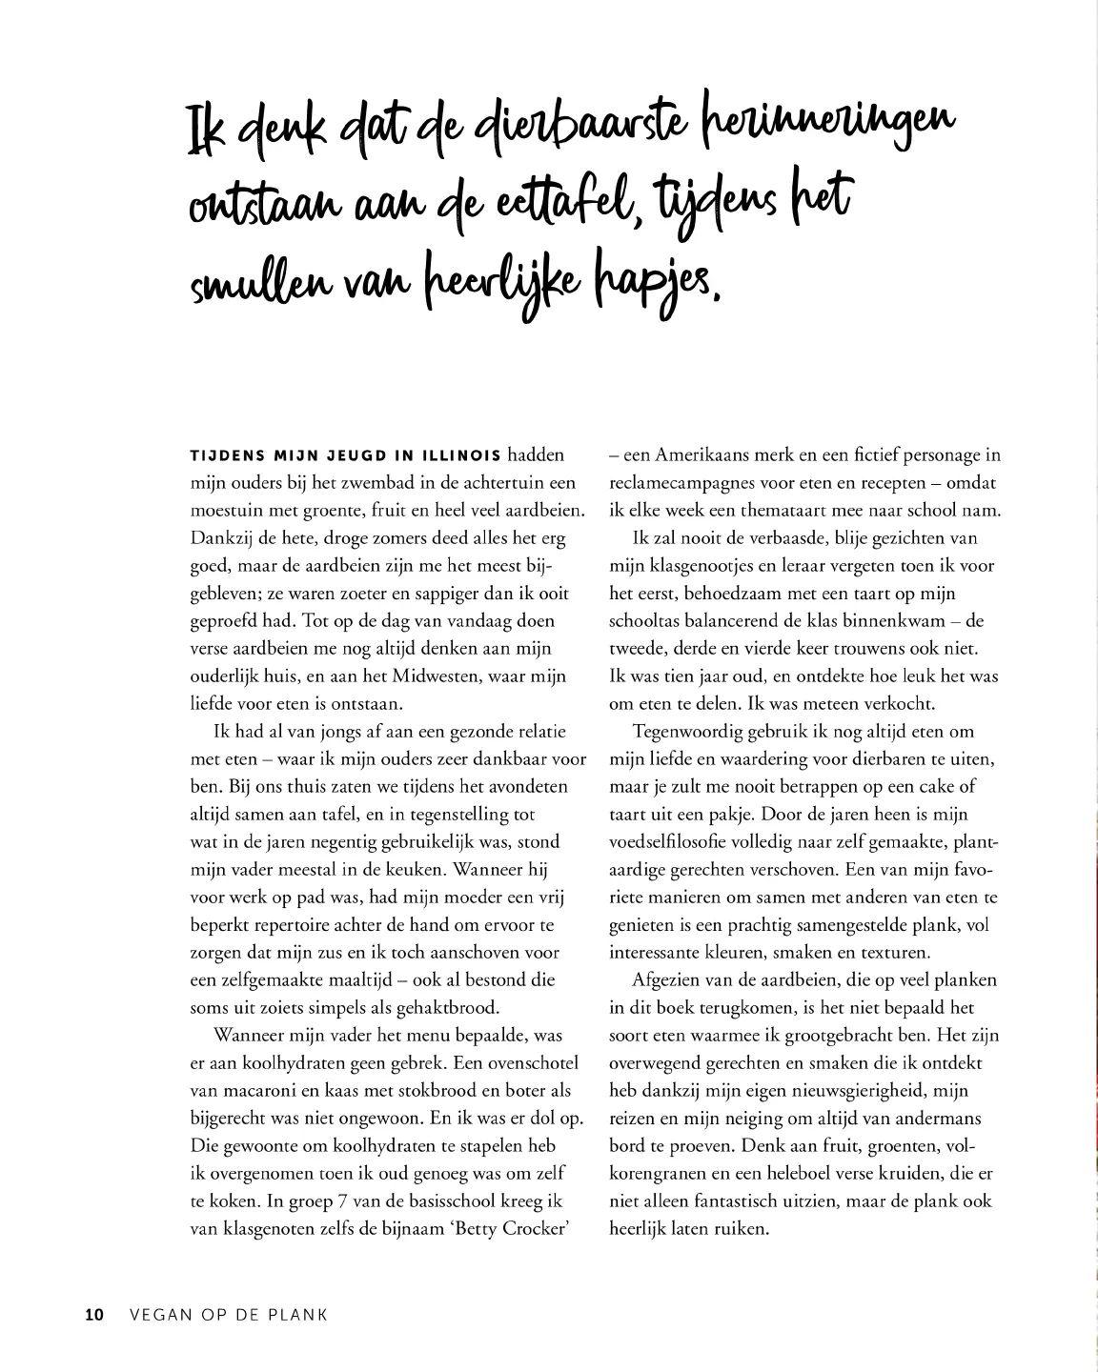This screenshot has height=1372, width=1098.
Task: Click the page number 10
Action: (93, 1315)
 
